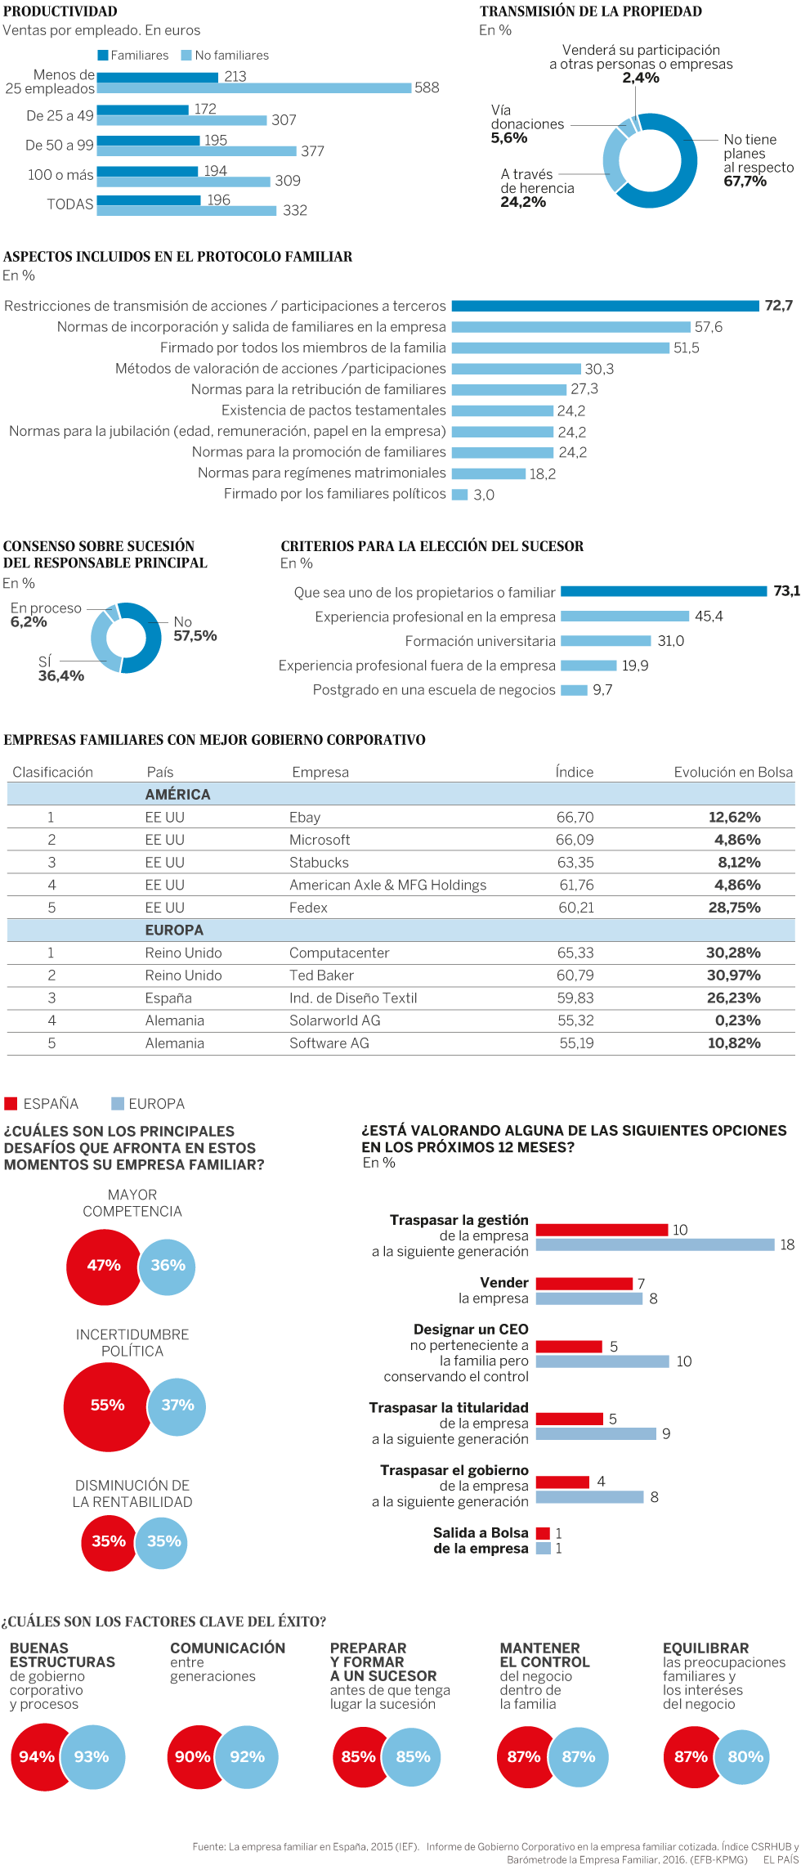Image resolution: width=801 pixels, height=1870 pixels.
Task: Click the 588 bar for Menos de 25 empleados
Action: pyautogui.click(x=253, y=87)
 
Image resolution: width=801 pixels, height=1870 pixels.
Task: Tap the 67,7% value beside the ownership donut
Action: pyautogui.click(x=745, y=182)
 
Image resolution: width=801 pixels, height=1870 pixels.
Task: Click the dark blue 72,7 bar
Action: pyautogui.click(x=605, y=306)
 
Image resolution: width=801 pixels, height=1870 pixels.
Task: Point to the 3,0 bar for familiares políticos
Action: pyautogui.click(x=459, y=495)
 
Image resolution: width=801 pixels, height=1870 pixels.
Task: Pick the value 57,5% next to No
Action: pyautogui.click(x=195, y=636)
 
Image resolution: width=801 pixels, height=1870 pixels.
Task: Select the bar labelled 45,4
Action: pyautogui.click(x=624, y=617)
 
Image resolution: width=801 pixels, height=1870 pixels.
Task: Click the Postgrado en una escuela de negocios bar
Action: pyautogui.click(x=574, y=690)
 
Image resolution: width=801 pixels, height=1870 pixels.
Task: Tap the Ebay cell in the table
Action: pyautogui.click(x=305, y=818)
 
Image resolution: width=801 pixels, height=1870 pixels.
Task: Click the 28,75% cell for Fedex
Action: pyautogui.click(x=734, y=908)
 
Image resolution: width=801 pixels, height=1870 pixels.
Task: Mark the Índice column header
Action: pyautogui.click(x=574, y=772)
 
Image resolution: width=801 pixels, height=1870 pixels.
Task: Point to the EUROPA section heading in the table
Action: pyautogui.click(x=174, y=931)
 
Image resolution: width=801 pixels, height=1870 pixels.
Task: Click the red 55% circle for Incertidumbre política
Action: pyautogui.click(x=106, y=1406)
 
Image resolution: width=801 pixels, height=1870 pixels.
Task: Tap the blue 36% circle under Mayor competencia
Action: pyautogui.click(x=168, y=1266)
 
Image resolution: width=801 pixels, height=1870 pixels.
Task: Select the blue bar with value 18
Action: pyautogui.click(x=655, y=1244)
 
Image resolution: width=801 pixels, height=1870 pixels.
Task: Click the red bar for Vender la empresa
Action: pyautogui.click(x=584, y=1284)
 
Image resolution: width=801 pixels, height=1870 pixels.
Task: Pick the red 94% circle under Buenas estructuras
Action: pyautogui.click(x=36, y=1757)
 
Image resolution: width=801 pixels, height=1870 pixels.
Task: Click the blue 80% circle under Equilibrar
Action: pyautogui.click(x=745, y=1757)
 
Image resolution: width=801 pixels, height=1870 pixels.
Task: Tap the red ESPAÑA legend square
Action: pyautogui.click(x=11, y=1104)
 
